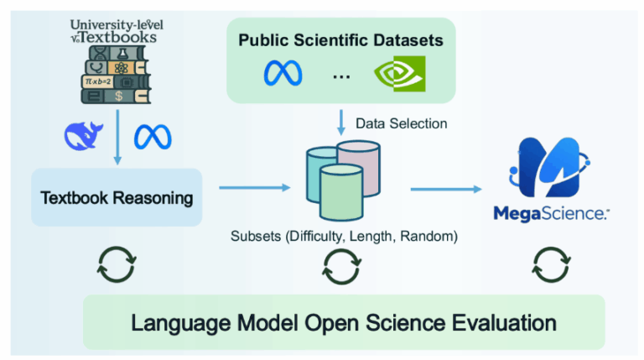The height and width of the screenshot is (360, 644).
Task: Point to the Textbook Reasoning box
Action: click(x=117, y=198)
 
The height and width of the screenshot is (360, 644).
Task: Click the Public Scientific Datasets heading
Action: click(x=340, y=39)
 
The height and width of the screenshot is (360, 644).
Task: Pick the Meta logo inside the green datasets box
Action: click(x=283, y=74)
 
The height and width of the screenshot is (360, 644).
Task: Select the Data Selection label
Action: click(x=401, y=123)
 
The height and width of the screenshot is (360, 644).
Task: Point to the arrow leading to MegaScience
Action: click(x=444, y=188)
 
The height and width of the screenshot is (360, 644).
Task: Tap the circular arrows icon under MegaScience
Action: click(x=546, y=264)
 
